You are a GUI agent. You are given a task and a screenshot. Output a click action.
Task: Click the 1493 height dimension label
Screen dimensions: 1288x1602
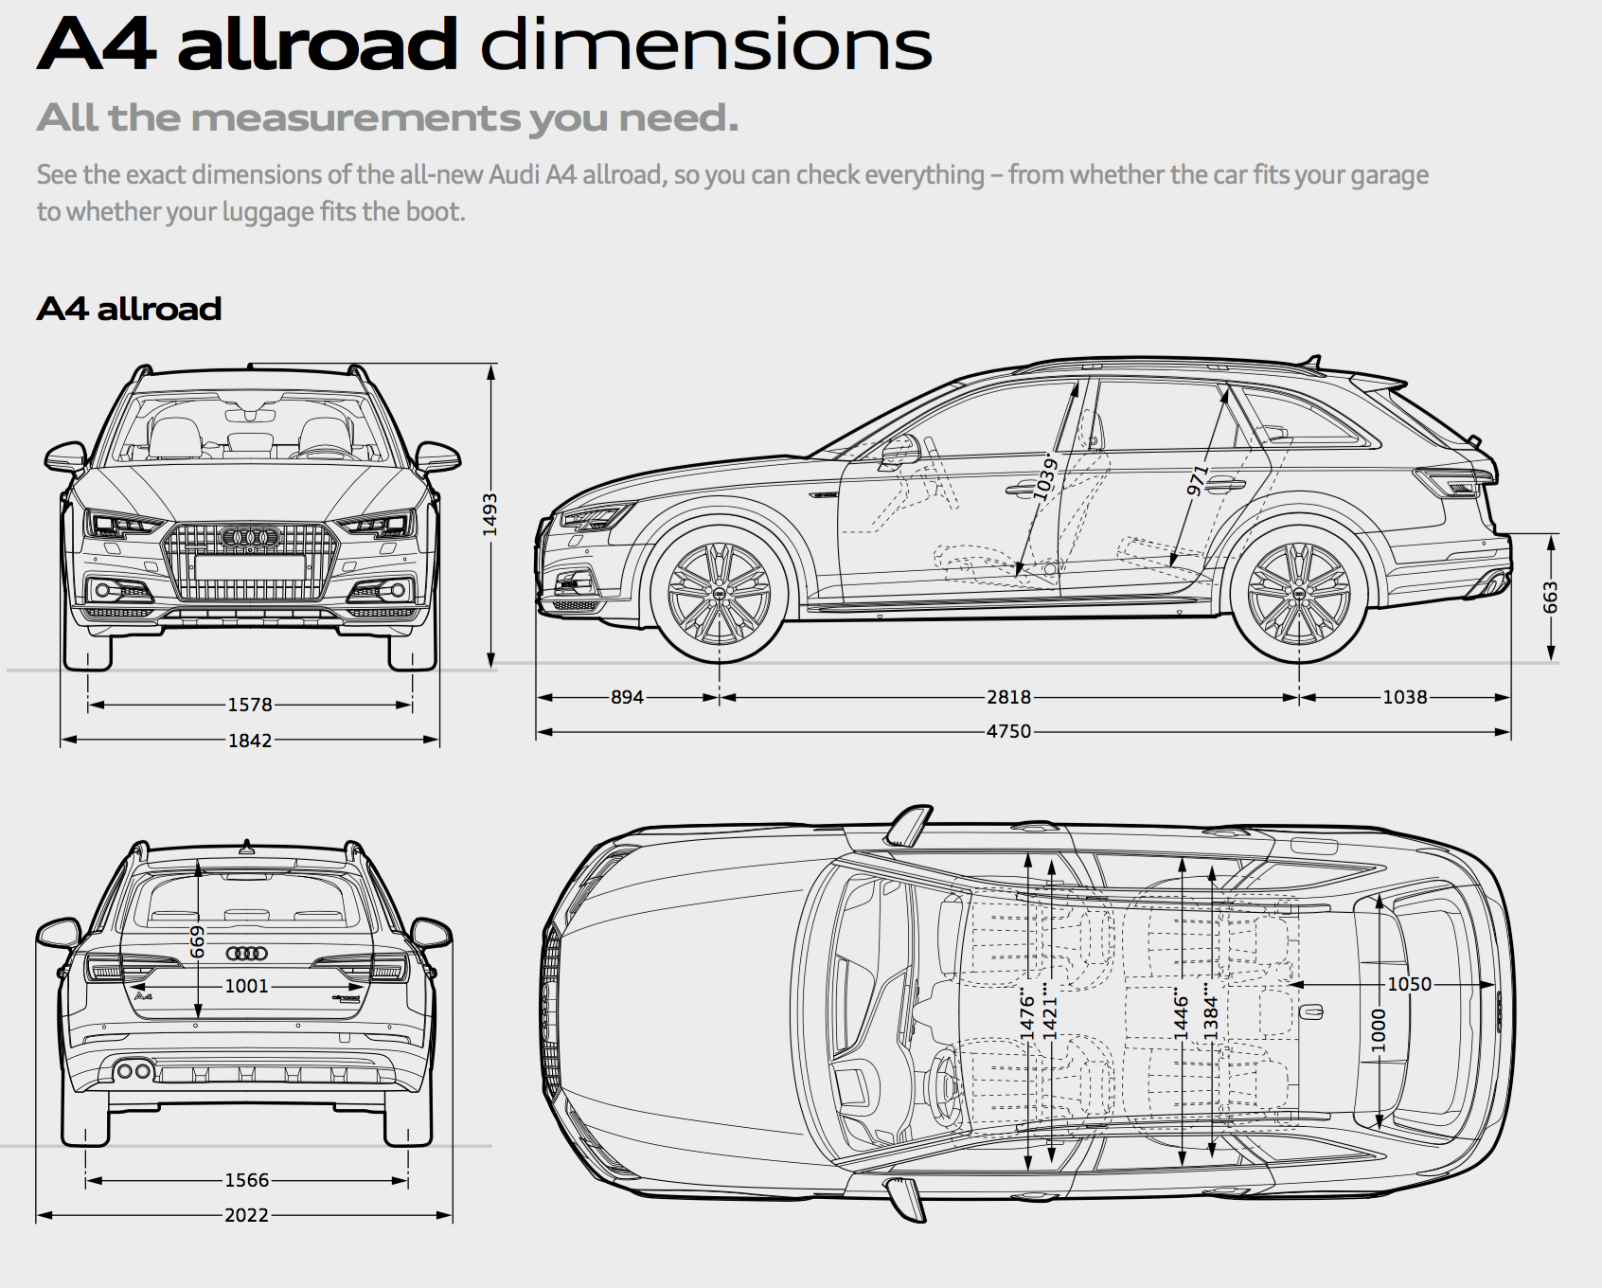(x=489, y=514)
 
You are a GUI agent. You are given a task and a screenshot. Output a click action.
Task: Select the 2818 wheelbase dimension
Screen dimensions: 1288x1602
(x=1008, y=697)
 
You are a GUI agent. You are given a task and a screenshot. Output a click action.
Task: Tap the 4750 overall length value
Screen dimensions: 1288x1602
(x=1008, y=731)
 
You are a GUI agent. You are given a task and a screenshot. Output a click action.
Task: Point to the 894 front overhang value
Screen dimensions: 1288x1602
(x=627, y=697)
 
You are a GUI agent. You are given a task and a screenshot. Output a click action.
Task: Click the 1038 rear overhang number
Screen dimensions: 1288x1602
(x=1404, y=697)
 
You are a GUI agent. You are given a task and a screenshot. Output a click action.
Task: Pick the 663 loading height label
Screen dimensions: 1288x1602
(x=1550, y=597)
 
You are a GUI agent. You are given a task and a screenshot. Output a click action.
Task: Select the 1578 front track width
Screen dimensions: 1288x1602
(x=250, y=705)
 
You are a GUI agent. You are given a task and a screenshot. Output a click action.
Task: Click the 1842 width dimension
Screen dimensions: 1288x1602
(x=250, y=741)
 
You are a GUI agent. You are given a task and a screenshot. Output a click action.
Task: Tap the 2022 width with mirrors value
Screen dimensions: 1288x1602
(x=246, y=1215)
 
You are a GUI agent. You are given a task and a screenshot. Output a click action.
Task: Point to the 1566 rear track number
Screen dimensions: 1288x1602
(x=246, y=1180)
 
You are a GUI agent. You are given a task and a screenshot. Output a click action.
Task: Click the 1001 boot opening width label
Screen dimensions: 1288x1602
(x=246, y=986)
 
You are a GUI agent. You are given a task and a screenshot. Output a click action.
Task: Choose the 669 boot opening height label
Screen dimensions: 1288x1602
(x=197, y=941)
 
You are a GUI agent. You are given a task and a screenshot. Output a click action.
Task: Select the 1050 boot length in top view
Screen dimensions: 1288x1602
(x=1409, y=984)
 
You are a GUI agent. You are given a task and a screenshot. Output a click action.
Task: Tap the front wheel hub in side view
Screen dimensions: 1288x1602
(x=719, y=594)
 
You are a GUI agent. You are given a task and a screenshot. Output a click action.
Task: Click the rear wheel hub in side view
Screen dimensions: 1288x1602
(x=1299, y=594)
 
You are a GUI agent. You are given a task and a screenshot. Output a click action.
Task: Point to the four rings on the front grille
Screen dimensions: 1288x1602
(x=250, y=538)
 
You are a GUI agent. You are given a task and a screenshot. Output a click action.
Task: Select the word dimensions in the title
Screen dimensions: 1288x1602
(x=705, y=45)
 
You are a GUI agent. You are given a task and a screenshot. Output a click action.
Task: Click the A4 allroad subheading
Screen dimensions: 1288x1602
(x=129, y=309)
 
